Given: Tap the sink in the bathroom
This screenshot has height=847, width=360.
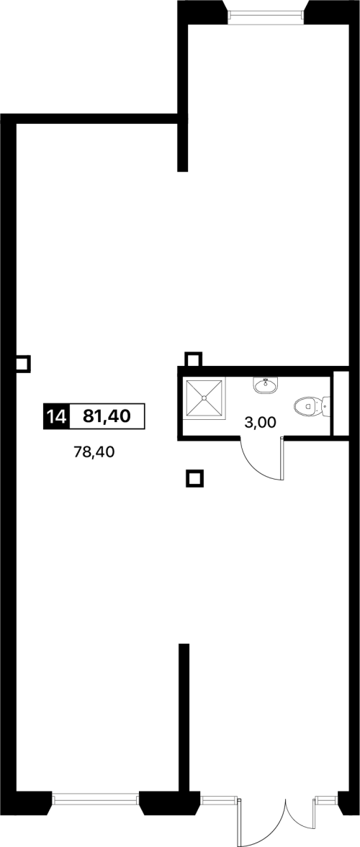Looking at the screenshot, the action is (266, 385).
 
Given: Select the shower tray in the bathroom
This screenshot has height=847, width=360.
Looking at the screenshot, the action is (204, 398).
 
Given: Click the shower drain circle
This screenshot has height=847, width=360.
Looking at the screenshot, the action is (204, 398).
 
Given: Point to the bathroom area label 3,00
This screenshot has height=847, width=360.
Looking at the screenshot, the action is (261, 423).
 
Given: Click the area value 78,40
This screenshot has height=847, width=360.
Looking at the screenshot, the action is (94, 452).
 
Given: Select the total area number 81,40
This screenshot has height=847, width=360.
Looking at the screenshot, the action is (107, 416).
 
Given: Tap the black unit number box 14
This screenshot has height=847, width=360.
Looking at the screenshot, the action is (56, 416).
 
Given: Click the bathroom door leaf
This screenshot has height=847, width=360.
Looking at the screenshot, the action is (282, 459).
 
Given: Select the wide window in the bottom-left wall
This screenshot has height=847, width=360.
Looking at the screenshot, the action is (96, 798).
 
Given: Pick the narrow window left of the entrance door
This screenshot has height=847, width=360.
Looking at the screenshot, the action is (218, 798).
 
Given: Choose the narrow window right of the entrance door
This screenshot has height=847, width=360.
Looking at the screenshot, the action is (327, 798).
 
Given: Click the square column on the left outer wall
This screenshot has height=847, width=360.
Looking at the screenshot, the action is (22, 364).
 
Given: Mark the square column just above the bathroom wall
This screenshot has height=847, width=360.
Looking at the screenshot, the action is (193, 359).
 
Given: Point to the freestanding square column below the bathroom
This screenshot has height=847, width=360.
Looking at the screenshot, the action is (195, 478).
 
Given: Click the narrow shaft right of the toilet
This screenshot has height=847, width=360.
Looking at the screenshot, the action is (341, 403).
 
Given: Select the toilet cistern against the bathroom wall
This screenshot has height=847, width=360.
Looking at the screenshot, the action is (326, 405).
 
